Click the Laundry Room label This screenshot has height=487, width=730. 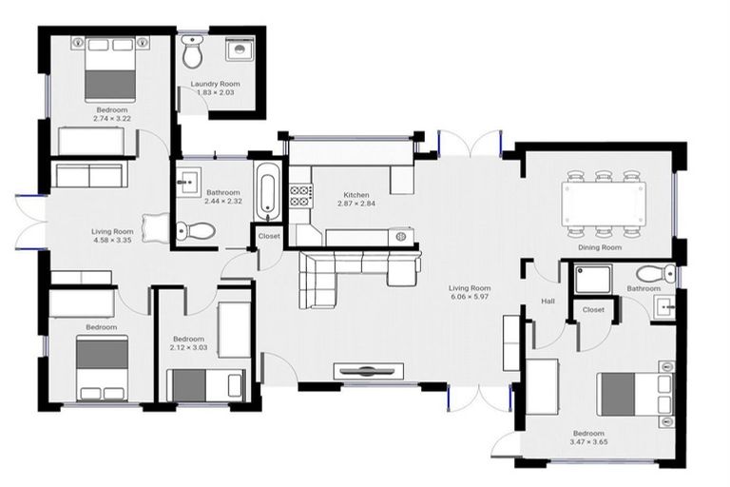[x=215, y=84]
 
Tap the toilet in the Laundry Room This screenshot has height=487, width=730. [x=192, y=51]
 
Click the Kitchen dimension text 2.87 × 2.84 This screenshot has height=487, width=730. [x=356, y=204]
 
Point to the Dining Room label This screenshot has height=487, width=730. [x=600, y=247]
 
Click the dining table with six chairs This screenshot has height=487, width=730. [x=604, y=204]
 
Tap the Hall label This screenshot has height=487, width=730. [x=547, y=302]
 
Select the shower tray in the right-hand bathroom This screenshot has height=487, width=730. [x=593, y=279]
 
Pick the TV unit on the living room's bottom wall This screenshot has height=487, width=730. [x=368, y=371]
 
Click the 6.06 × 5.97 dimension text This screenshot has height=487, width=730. [x=470, y=297]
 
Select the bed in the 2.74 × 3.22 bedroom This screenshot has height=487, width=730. [x=110, y=69]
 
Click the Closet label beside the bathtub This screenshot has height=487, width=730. [x=269, y=236]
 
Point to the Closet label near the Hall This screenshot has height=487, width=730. [x=593, y=309]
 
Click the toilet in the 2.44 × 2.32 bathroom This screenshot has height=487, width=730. [x=196, y=230]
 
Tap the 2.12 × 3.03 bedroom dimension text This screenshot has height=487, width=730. [x=188, y=348]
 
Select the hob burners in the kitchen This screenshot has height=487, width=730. [x=301, y=196]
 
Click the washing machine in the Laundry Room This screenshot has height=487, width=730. [x=240, y=49]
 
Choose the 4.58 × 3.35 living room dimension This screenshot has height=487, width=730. [x=112, y=240]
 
